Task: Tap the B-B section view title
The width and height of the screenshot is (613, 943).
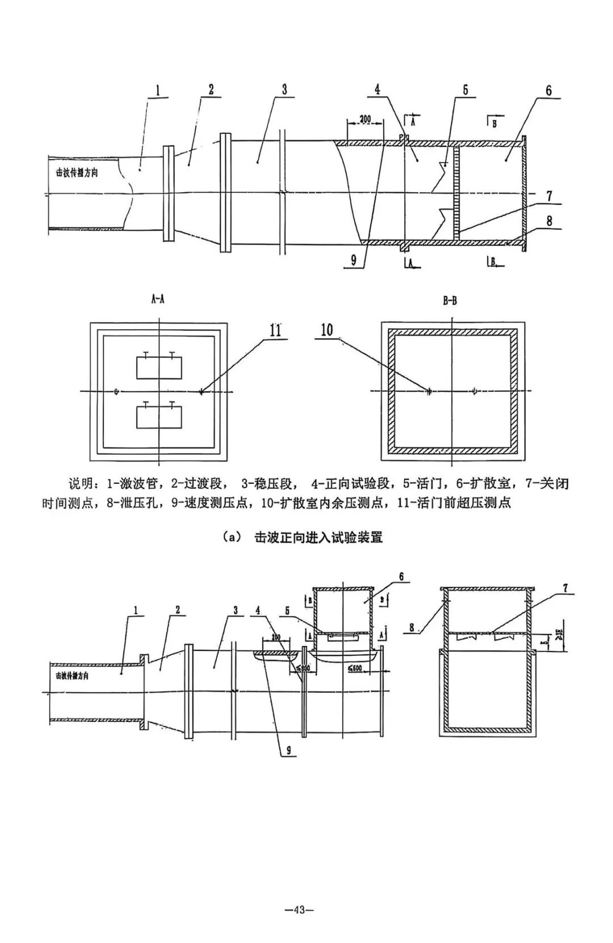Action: (x=450, y=301)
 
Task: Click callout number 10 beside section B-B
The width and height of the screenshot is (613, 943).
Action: (x=327, y=330)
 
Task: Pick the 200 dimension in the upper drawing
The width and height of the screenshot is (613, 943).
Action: (x=365, y=119)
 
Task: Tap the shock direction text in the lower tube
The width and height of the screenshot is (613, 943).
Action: (x=72, y=675)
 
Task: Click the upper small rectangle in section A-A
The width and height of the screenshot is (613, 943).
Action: (x=158, y=368)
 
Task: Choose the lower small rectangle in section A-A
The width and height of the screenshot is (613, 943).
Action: (x=158, y=417)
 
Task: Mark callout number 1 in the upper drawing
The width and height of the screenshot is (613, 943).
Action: (x=157, y=90)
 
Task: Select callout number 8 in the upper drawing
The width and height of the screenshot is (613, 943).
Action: (x=549, y=221)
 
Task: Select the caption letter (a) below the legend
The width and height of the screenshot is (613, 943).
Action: (x=233, y=537)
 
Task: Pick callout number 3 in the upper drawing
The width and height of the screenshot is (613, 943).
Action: (x=284, y=89)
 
